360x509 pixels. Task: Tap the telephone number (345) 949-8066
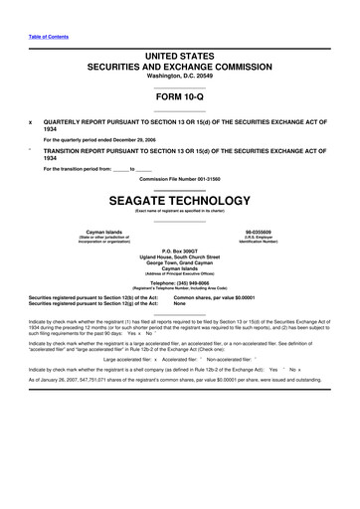click(180, 281)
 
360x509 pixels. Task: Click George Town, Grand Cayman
click(180, 266)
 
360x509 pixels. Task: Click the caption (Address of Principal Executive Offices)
click(180, 273)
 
